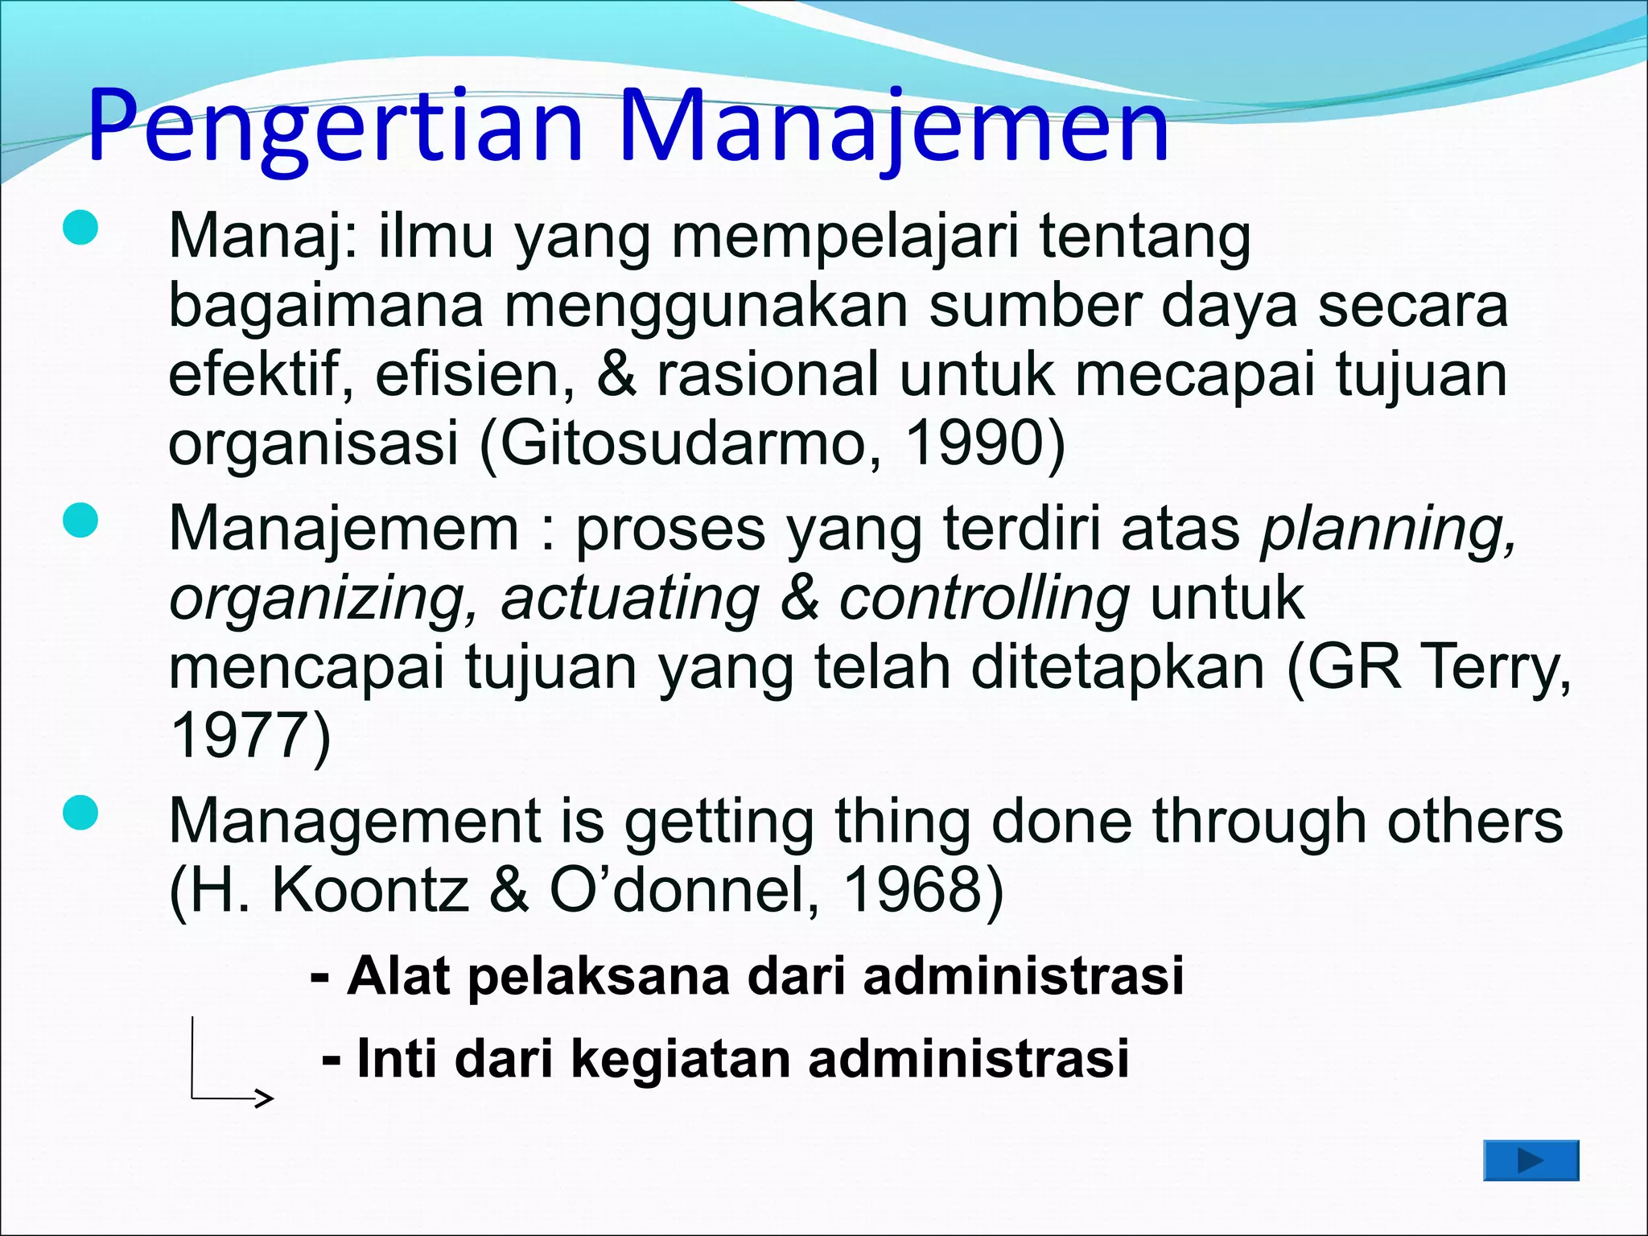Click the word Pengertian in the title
pos(334,127)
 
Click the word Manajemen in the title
pos(893,127)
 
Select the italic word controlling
pos(983,599)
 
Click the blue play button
pos(1531,1160)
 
